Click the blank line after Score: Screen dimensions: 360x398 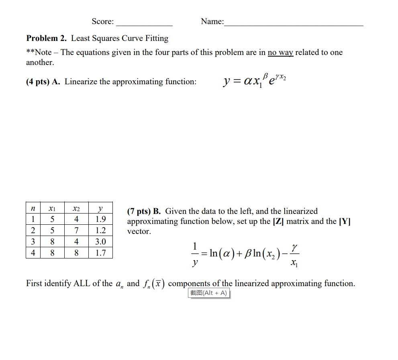(x=144, y=23)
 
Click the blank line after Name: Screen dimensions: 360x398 (x=294, y=23)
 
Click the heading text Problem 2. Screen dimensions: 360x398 (x=47, y=38)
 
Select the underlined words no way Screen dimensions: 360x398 (x=280, y=52)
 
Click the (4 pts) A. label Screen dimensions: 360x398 (x=43, y=81)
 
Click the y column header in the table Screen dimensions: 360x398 (x=100, y=209)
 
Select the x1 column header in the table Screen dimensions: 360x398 (x=52, y=209)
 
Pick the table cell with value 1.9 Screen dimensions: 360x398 (x=100, y=219)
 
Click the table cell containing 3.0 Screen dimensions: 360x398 (x=100, y=242)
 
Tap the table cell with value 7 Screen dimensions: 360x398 (x=76, y=230)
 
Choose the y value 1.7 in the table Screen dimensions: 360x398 (x=100, y=253)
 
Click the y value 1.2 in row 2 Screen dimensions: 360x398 (x=100, y=230)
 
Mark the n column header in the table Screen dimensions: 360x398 (x=33, y=209)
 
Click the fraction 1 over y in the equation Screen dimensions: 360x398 (x=195, y=254)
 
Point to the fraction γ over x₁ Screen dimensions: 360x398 (x=295, y=254)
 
